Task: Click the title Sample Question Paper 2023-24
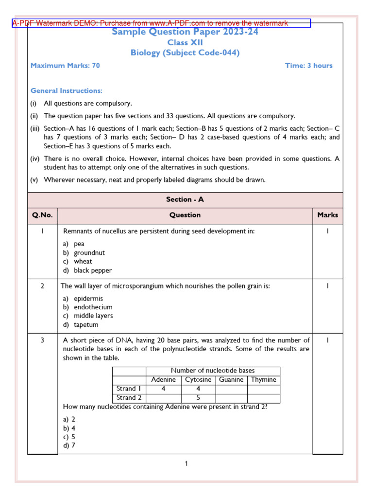click(185, 32)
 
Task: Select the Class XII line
click(185, 43)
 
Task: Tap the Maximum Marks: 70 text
click(65, 66)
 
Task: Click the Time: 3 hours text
click(308, 66)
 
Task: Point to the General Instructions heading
click(67, 91)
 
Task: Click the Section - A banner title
click(185, 199)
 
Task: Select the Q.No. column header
click(43, 215)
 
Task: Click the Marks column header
click(327, 215)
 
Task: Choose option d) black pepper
click(87, 270)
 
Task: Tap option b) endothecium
click(87, 307)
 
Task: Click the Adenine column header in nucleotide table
click(163, 380)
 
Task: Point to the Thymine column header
click(263, 380)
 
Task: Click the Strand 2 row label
click(129, 397)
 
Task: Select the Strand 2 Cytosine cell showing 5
click(198, 397)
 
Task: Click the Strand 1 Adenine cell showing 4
click(163, 389)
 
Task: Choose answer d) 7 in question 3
click(69, 445)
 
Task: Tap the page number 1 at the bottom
click(186, 464)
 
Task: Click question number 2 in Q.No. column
click(43, 286)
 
